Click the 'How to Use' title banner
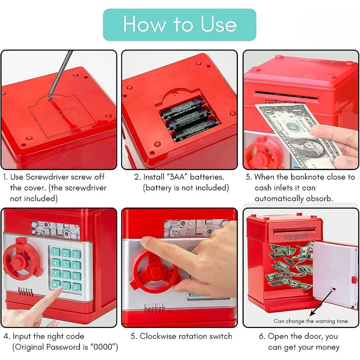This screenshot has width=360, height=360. [x=180, y=24]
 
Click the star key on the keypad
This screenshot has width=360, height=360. [x=55, y=287]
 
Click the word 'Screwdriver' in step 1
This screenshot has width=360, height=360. [x=45, y=177]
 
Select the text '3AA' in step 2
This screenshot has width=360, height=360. [x=175, y=177]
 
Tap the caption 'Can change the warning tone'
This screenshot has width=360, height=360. [x=310, y=321]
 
